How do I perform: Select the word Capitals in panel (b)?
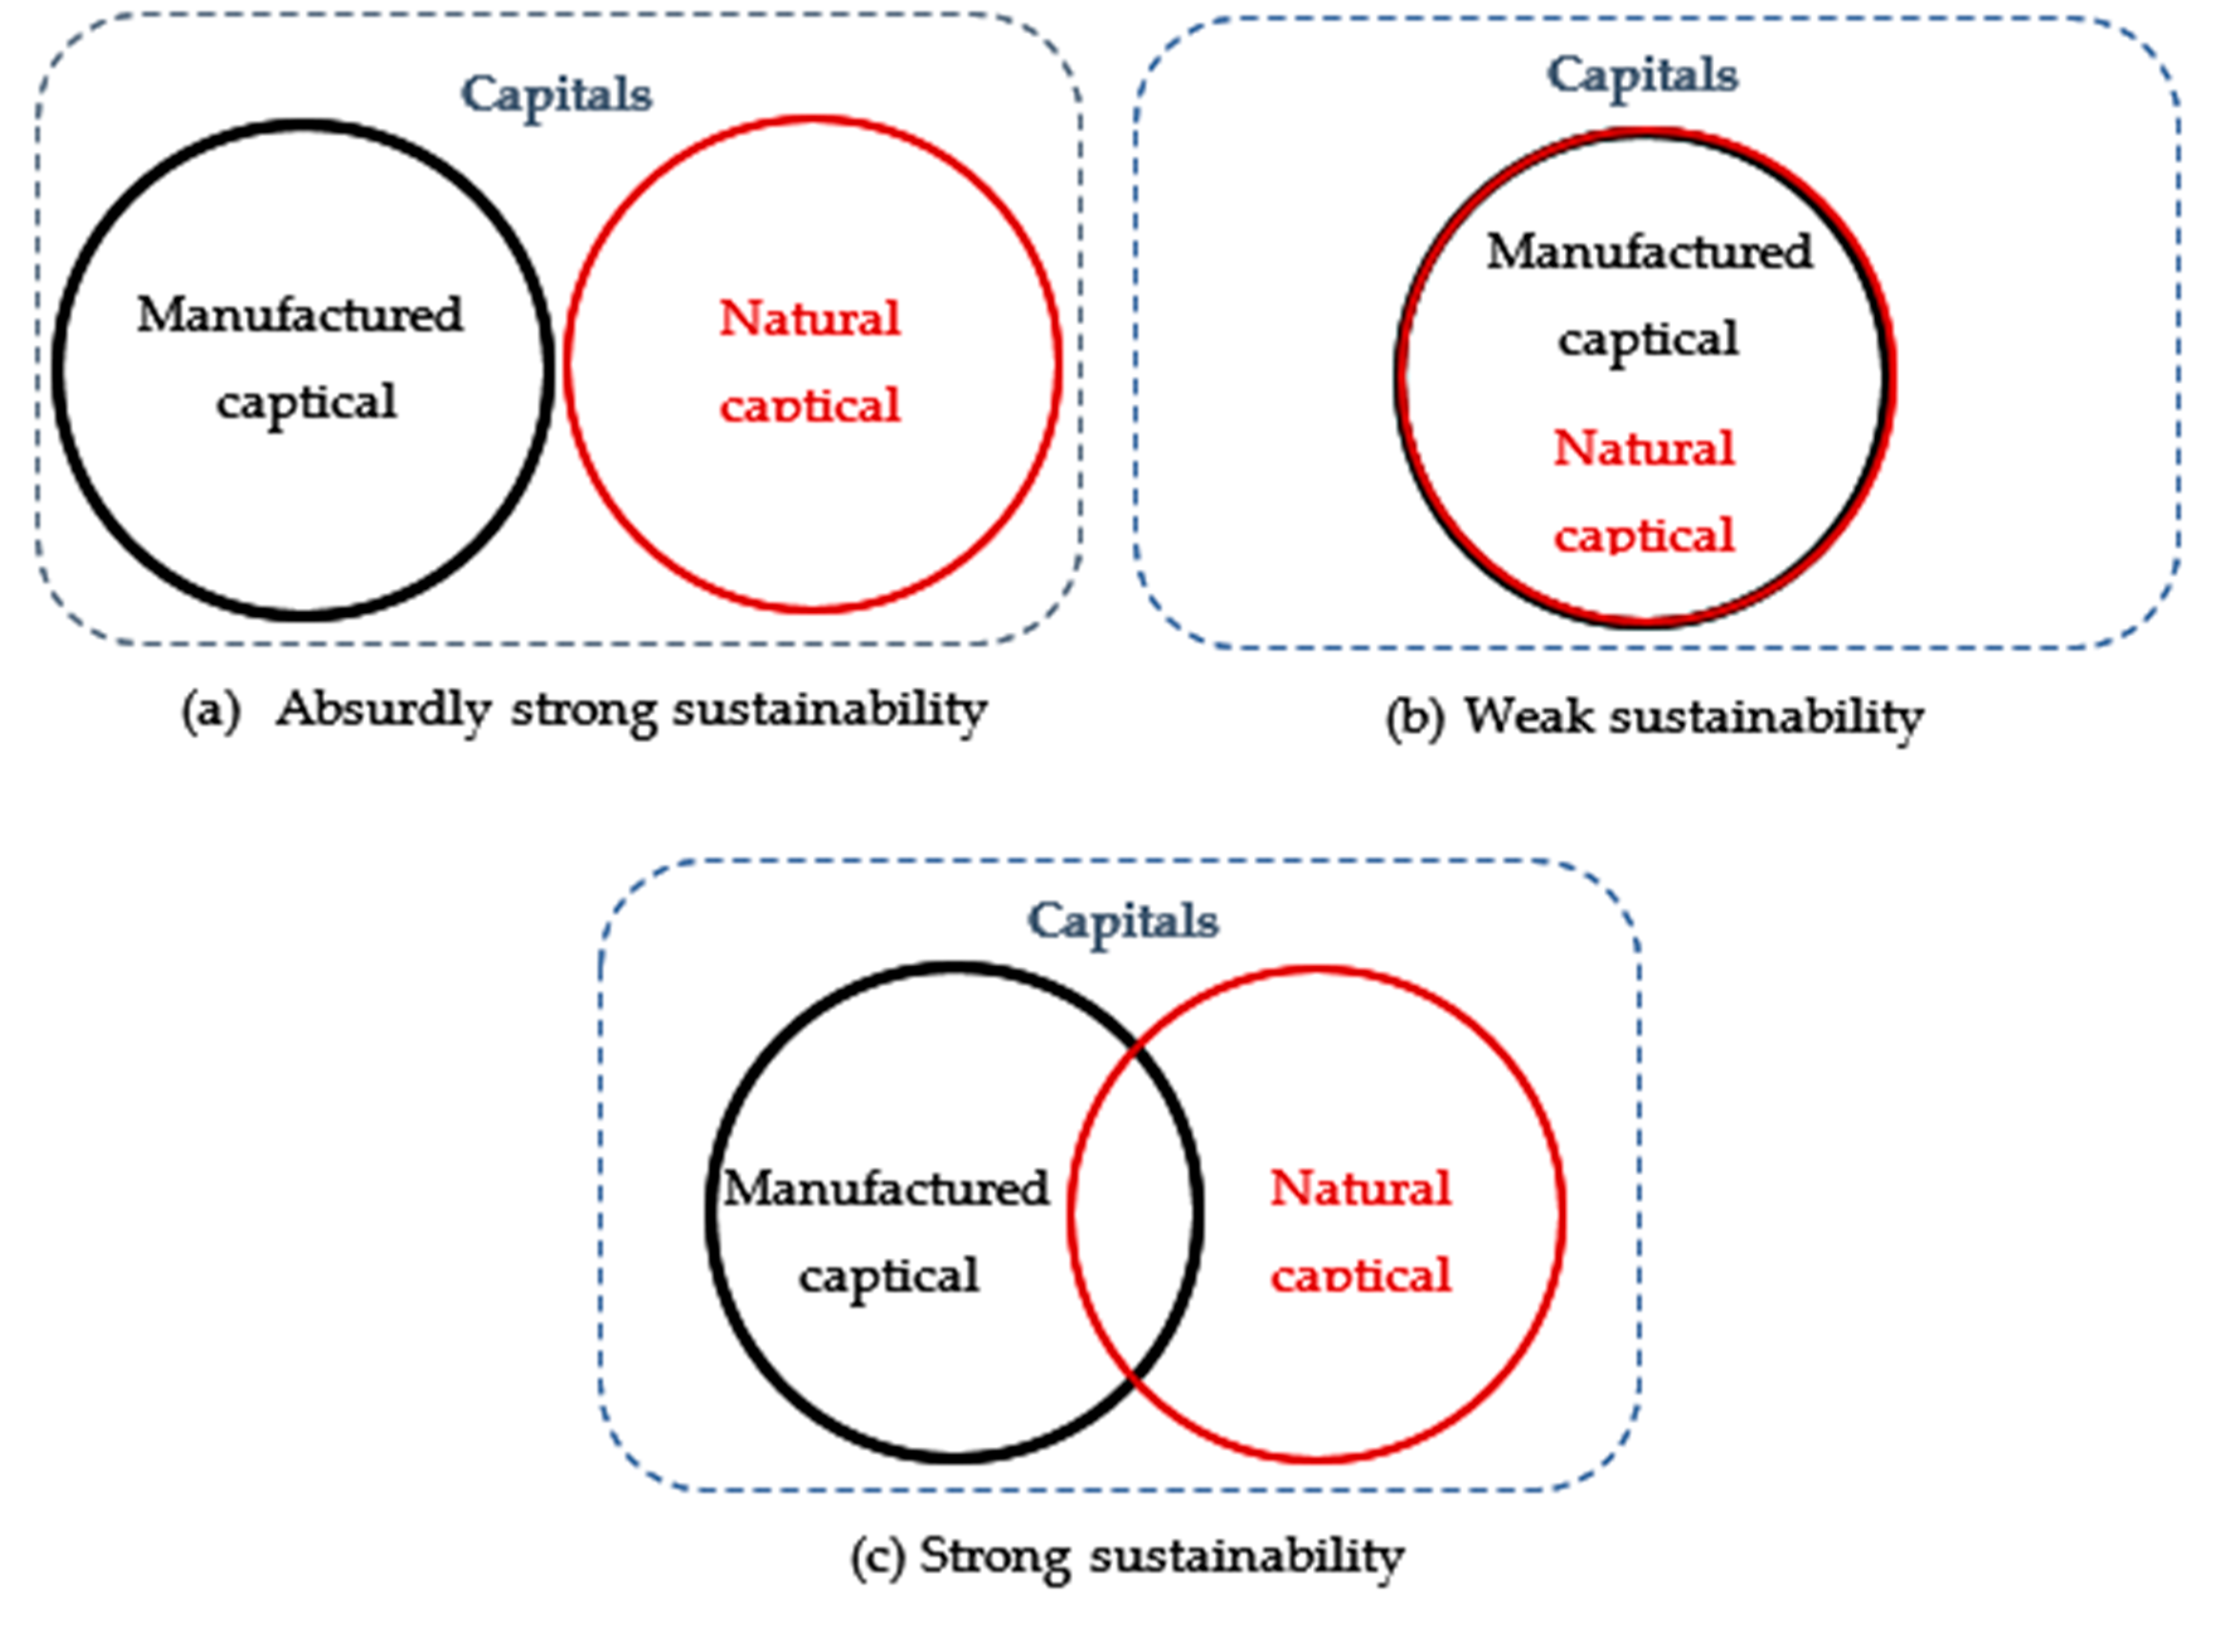(1643, 76)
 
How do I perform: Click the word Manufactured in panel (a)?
(300, 315)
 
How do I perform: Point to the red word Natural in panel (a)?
(810, 318)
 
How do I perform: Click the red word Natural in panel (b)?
(1643, 448)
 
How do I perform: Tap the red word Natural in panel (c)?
(1361, 1188)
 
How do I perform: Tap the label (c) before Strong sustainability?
(878, 1557)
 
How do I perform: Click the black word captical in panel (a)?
(307, 401)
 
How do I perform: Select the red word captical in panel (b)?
(1643, 536)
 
